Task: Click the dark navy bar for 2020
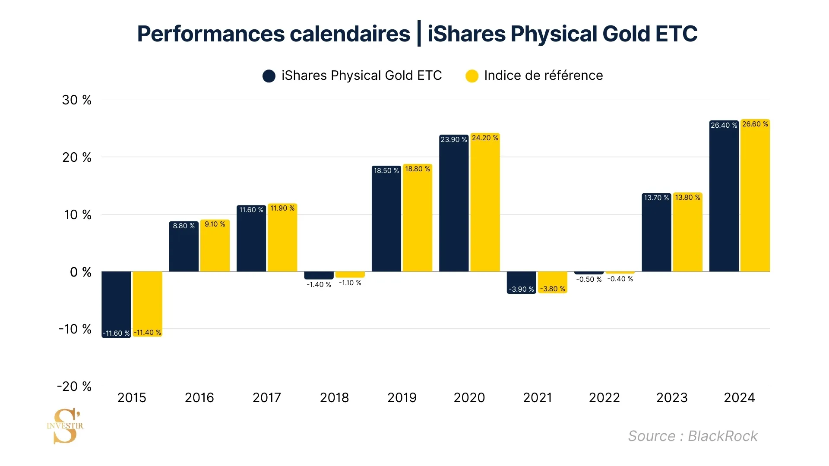point(454,203)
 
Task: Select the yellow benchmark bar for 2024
point(755,195)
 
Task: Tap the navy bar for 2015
point(116,305)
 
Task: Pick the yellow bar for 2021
point(552,282)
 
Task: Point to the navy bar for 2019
point(386,218)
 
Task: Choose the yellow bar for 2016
point(215,246)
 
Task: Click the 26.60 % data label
point(755,124)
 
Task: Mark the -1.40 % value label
point(319,285)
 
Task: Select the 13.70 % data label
point(656,198)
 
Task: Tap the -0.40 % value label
point(620,279)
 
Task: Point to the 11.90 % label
point(282,208)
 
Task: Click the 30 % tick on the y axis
point(77,100)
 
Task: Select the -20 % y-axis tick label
point(74,386)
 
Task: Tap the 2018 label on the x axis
point(334,397)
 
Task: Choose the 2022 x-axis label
point(604,397)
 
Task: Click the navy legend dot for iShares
point(269,76)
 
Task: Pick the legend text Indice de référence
point(544,76)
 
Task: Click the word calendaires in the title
point(350,34)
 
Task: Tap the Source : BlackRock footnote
point(693,436)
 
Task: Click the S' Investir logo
point(65,426)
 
